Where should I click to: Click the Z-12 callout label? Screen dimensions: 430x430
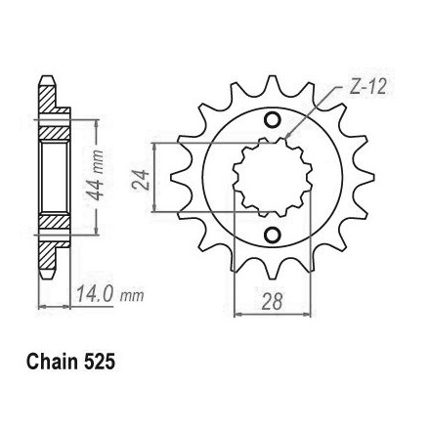(367, 88)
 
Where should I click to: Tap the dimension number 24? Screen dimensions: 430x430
(141, 180)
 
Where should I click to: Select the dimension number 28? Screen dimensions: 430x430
(272, 301)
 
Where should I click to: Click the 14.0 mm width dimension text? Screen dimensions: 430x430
(110, 294)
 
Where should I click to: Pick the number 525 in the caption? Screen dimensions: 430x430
(99, 362)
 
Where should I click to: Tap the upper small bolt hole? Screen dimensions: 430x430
(272, 120)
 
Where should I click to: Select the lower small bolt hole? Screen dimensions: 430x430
(272, 235)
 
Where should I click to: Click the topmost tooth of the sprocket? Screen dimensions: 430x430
(273, 85)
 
